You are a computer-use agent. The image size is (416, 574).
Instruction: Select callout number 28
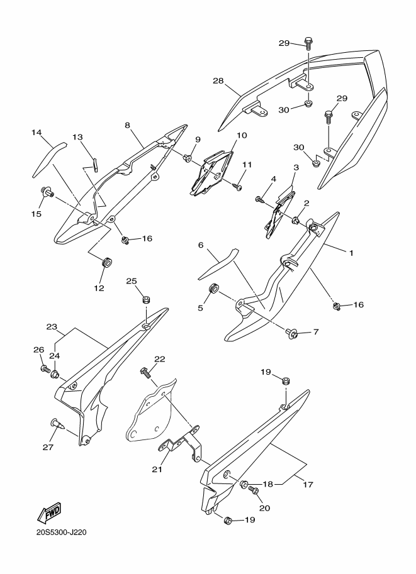coord(218,80)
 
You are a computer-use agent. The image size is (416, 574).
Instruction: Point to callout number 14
coord(37,133)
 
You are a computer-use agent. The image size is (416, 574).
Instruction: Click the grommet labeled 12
coord(106,263)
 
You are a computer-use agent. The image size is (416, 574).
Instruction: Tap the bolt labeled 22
coord(146,373)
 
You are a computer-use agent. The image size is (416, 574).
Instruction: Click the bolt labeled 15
coord(48,192)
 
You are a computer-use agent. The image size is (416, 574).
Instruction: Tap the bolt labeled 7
coord(291,333)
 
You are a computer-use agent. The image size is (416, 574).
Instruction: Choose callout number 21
coord(157,469)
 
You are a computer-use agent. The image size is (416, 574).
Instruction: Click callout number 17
coord(308,485)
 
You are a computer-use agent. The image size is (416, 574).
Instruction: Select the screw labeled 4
coord(261,200)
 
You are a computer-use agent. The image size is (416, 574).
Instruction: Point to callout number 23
coord(52,326)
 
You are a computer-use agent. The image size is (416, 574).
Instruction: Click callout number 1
coord(351,253)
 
